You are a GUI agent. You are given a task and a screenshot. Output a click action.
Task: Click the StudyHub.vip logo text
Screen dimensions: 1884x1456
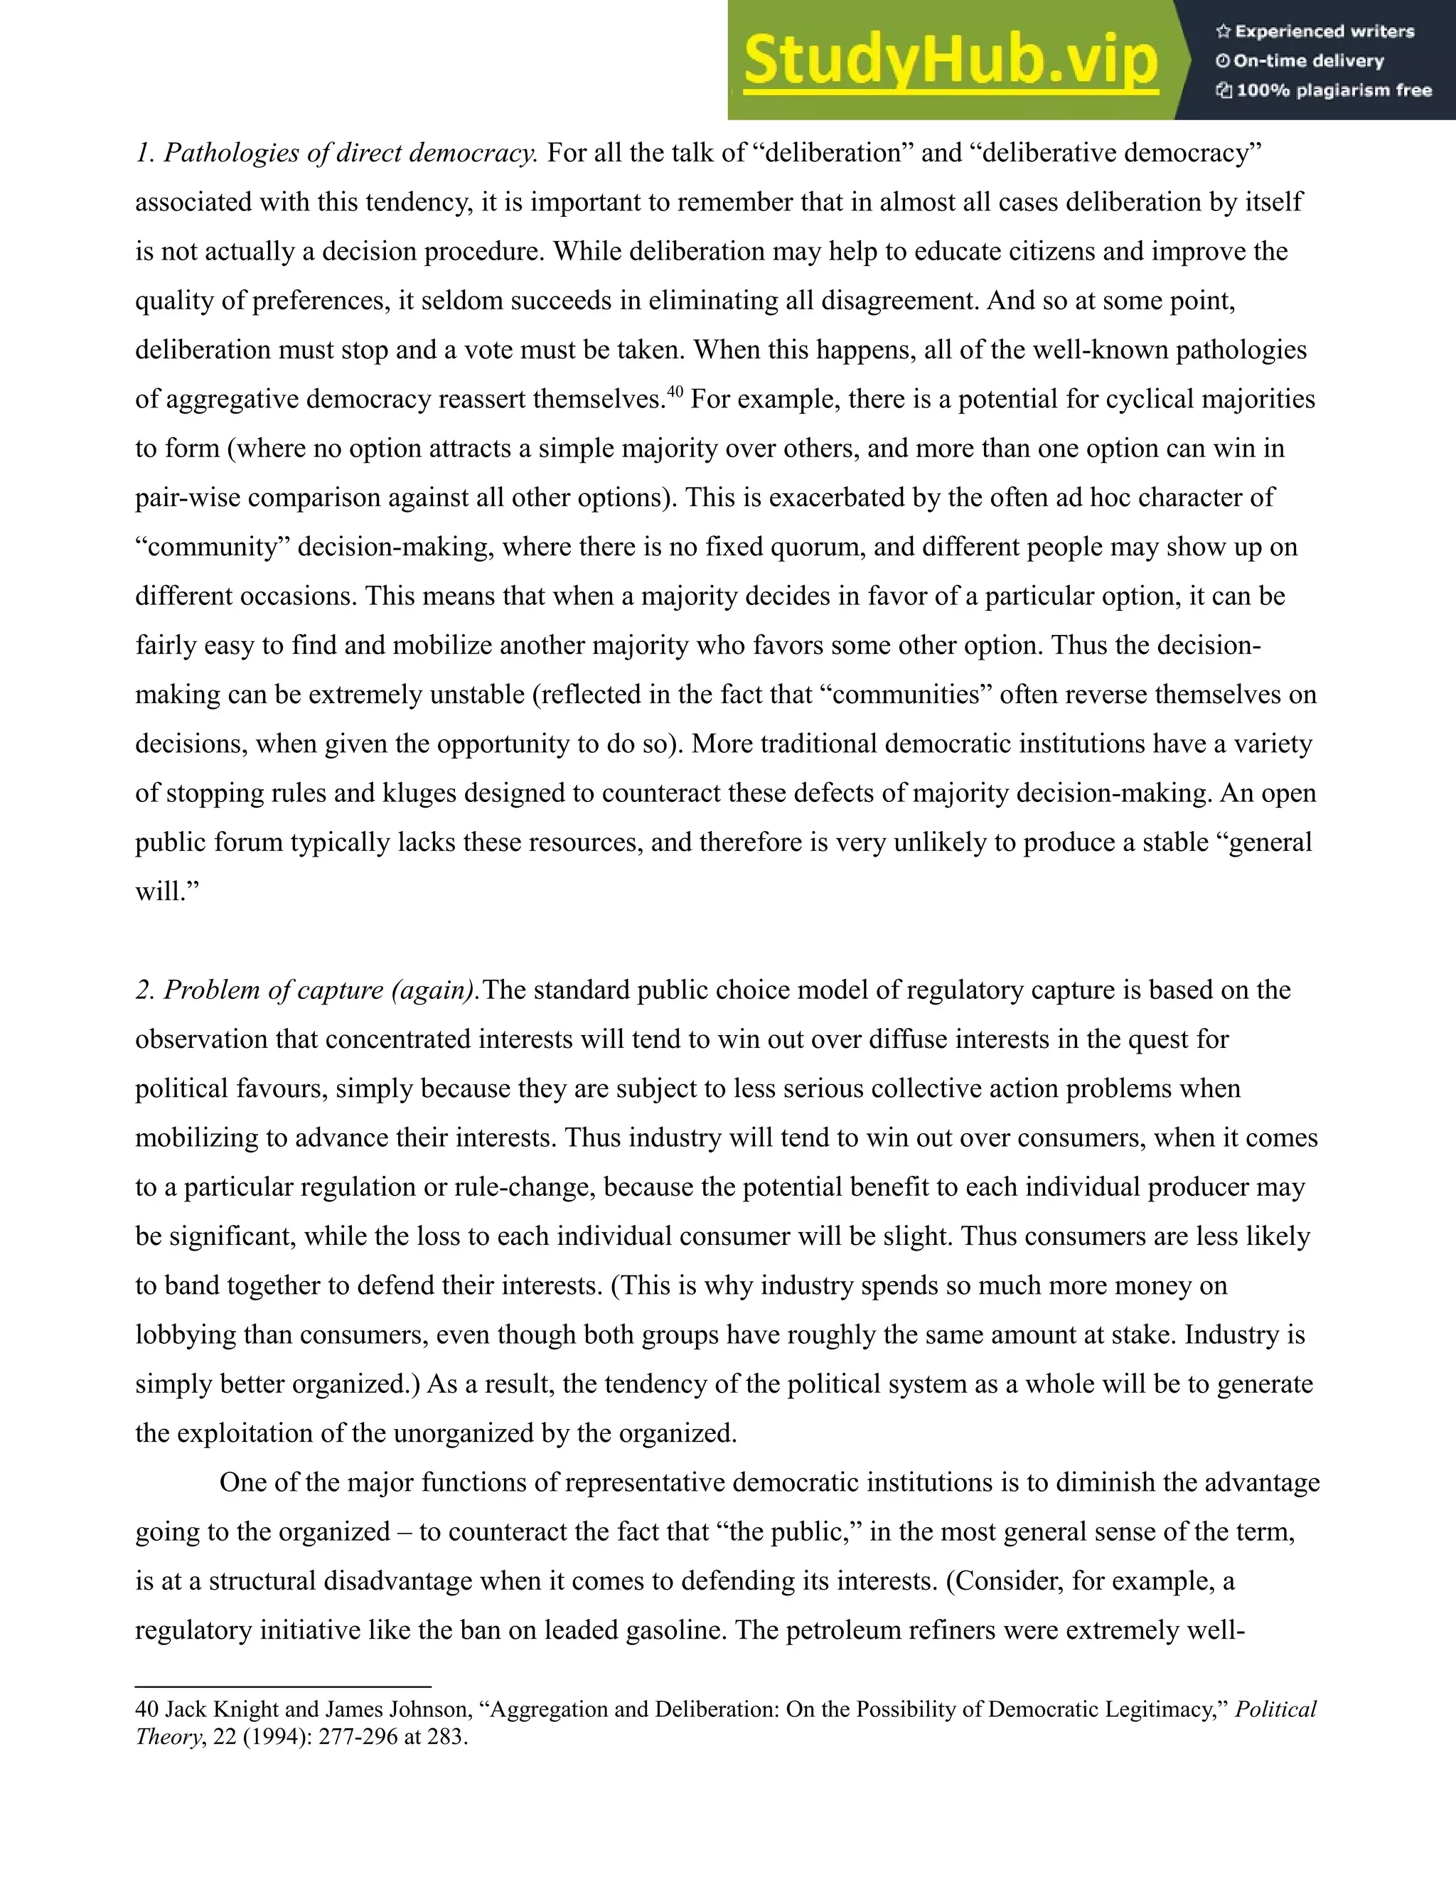[x=950, y=60]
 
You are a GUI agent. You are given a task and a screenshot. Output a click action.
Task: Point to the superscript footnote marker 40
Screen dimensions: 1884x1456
[x=675, y=392]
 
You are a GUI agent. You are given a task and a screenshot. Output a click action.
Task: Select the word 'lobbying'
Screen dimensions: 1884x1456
[x=186, y=1335]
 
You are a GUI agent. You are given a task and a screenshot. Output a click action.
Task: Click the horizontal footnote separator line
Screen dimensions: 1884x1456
[x=283, y=1686]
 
